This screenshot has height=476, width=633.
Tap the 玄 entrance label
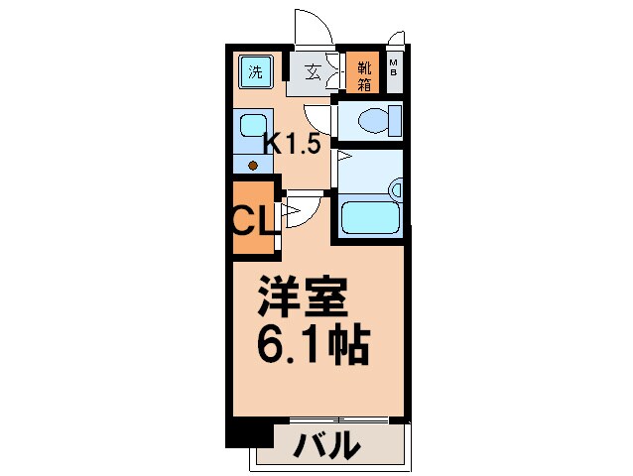[312, 72]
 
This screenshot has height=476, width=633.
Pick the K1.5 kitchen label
[291, 143]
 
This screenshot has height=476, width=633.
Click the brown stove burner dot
[253, 165]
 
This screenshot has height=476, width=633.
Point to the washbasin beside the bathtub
[396, 188]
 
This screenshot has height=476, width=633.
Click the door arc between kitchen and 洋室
[303, 211]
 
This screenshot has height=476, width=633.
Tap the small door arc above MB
[397, 38]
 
